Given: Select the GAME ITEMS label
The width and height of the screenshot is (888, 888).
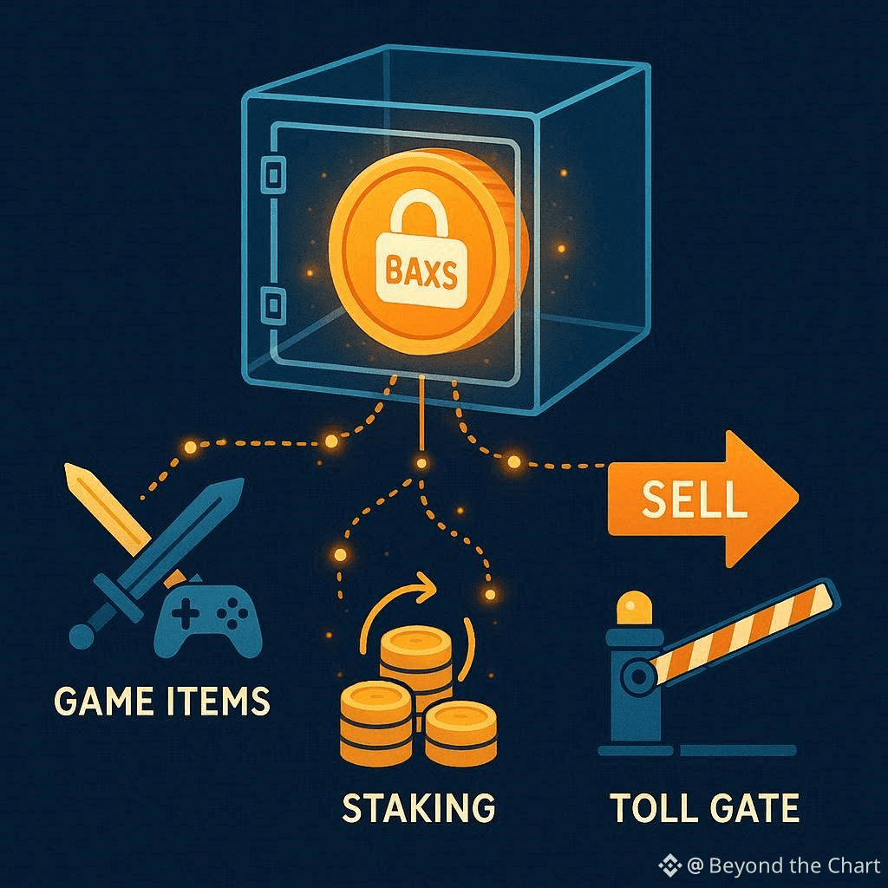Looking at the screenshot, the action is coord(162,700).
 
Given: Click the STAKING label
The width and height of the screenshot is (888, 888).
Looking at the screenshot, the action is coord(419,806).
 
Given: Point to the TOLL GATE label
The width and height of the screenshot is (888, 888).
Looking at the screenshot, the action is coord(704,807).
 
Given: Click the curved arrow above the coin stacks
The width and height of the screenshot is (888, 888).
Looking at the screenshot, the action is coord(399,598).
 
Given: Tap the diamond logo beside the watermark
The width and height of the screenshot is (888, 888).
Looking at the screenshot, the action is coord(669,865).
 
